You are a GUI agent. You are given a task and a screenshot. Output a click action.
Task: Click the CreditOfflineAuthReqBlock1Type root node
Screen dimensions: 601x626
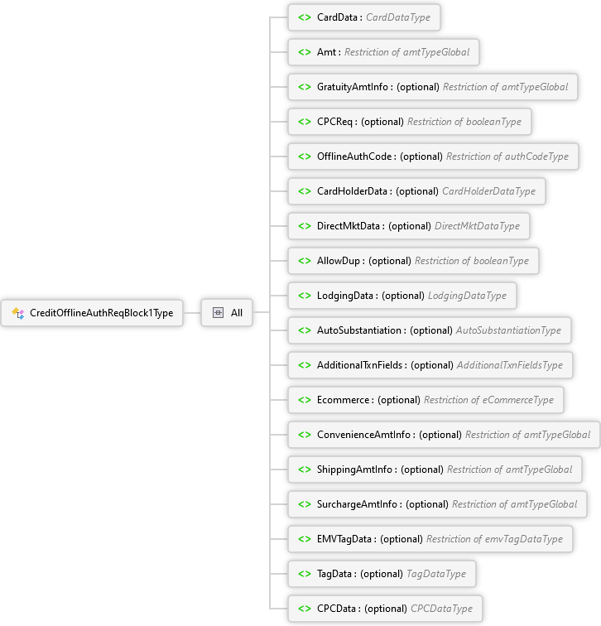tap(92, 313)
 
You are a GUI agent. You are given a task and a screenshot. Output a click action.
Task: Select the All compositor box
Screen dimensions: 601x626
tap(227, 313)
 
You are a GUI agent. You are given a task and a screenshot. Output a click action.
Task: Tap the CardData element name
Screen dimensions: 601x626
tap(337, 17)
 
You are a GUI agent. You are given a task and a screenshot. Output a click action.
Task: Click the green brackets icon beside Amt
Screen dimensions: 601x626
tap(305, 52)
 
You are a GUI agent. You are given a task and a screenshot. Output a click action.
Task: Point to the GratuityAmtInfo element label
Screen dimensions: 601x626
tap(353, 87)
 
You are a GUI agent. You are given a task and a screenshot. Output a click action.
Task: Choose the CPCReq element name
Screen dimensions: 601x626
tap(334, 122)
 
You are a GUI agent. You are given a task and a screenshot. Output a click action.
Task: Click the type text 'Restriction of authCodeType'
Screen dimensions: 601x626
tap(507, 156)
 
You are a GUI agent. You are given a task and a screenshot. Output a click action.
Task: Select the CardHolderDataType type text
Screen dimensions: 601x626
tap(489, 191)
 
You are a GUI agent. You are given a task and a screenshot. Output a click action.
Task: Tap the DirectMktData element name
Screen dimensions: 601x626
tap(349, 226)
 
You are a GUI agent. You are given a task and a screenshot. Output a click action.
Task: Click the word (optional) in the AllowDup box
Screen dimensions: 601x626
tap(390, 261)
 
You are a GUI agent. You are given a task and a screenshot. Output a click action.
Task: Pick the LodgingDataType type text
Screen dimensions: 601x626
tap(468, 296)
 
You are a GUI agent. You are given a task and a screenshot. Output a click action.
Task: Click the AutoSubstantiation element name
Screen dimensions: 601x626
tap(359, 330)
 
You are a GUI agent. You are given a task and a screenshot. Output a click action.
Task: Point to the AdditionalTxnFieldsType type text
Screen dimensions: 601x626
tap(510, 365)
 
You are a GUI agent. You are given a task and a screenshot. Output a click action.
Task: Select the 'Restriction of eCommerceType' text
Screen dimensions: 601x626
tap(489, 400)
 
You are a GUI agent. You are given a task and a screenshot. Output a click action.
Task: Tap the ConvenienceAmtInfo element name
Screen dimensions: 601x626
tap(363, 435)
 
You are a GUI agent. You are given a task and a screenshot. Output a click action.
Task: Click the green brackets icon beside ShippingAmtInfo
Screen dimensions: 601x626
tap(305, 469)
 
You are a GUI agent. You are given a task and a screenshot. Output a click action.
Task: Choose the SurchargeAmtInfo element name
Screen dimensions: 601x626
tap(357, 504)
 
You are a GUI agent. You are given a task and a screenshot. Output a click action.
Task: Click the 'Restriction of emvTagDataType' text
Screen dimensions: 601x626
tap(494, 539)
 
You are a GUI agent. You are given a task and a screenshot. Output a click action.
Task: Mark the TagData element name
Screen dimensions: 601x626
tap(334, 574)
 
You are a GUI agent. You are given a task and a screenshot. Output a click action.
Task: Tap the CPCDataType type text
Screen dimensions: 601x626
tap(441, 609)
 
